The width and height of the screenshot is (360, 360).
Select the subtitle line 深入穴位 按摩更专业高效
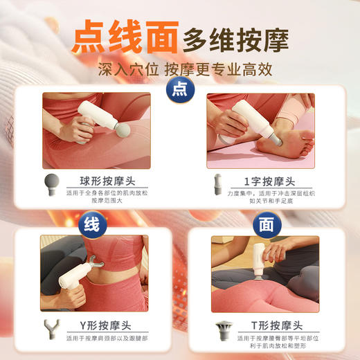coord(180,71)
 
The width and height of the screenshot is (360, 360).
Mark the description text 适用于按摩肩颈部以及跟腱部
coord(106,340)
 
